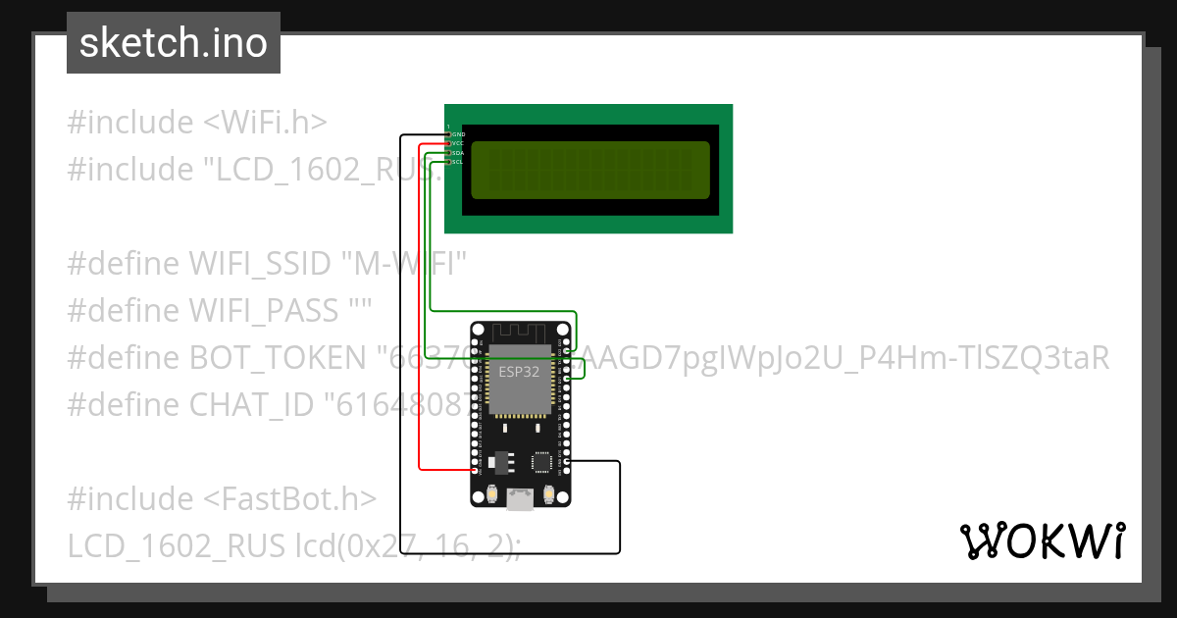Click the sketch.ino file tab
[x=174, y=43]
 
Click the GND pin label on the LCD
[x=458, y=134]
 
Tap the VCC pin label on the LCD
[x=458, y=143]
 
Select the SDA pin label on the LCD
[x=458, y=153]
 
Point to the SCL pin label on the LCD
[x=458, y=162]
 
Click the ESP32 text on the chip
[x=519, y=372]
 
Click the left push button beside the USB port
[x=490, y=493]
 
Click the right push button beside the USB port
[x=549, y=493]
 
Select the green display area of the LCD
[x=589, y=169]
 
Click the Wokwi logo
[x=1042, y=541]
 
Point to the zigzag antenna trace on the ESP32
[x=520, y=333]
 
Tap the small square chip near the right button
[x=540, y=460]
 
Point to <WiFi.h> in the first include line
[x=265, y=123]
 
